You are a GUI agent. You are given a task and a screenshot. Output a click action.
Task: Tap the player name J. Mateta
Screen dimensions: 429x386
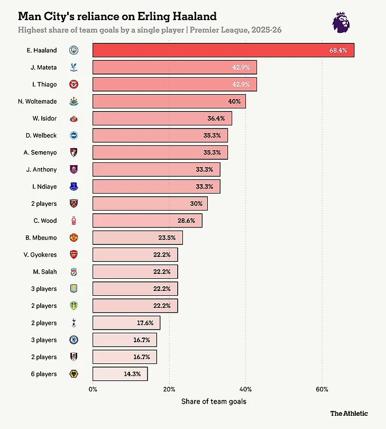point(44,67)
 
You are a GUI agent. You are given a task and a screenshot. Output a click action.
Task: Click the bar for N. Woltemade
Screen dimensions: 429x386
point(169,101)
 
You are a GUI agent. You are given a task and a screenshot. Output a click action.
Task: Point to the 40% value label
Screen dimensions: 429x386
point(234,101)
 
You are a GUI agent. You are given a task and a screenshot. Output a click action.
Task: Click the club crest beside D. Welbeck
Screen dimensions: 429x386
point(73,135)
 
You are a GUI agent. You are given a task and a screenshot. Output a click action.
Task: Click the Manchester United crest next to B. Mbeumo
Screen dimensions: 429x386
point(73,238)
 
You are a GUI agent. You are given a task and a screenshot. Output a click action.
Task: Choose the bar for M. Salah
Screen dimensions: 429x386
point(135,272)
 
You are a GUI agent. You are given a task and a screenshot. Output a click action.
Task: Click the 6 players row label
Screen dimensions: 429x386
point(43,374)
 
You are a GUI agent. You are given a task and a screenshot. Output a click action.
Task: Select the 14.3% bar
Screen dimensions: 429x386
point(120,374)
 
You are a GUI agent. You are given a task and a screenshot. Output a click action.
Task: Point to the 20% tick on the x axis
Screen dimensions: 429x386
point(169,389)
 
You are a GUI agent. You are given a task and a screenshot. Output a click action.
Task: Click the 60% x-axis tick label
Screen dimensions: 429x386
point(322,389)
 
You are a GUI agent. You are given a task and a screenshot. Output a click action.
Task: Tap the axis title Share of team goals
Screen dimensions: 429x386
point(214,401)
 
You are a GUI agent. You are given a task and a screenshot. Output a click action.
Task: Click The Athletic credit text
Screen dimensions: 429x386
point(349,413)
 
